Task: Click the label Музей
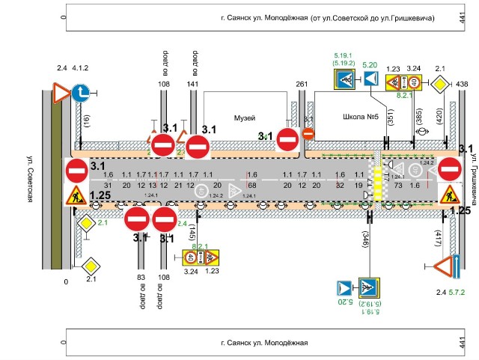click(x=245, y=118)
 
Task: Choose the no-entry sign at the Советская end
click(x=76, y=170)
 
